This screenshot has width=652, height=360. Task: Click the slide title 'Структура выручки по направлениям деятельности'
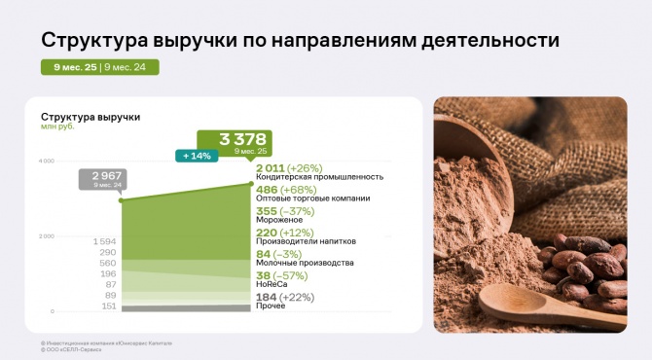point(300,41)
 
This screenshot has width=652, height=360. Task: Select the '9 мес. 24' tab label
point(130,67)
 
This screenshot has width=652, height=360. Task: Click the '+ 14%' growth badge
point(194,156)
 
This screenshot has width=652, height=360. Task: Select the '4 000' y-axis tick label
point(46,161)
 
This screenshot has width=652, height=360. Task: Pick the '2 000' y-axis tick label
point(46,236)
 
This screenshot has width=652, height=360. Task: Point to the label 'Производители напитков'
point(306,241)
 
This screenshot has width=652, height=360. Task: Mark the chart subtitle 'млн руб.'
point(57,126)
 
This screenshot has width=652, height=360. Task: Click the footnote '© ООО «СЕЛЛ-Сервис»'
point(71,349)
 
